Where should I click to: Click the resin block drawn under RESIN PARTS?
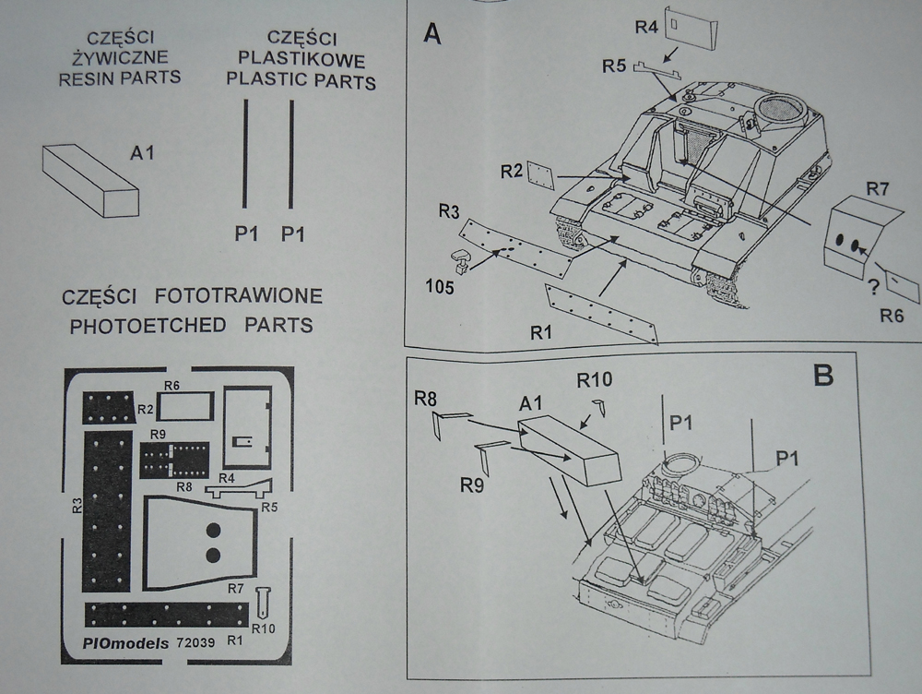pyautogui.click(x=90, y=181)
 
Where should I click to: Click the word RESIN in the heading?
pyautogui.click(x=85, y=78)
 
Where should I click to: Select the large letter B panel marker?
pyautogui.click(x=822, y=376)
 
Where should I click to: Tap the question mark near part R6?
pyautogui.click(x=872, y=286)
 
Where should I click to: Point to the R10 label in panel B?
pyautogui.click(x=595, y=379)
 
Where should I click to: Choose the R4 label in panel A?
pyautogui.click(x=646, y=28)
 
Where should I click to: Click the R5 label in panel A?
pyautogui.click(x=614, y=66)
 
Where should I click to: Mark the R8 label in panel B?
pyautogui.click(x=425, y=400)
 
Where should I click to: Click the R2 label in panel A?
pyautogui.click(x=512, y=172)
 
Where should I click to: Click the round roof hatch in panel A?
pyautogui.click(x=775, y=110)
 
